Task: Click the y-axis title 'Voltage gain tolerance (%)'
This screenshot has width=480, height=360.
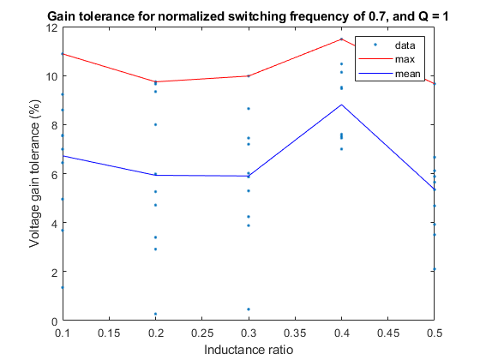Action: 35,174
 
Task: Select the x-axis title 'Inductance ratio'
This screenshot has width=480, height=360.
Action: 248,350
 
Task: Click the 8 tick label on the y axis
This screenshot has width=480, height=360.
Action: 53,125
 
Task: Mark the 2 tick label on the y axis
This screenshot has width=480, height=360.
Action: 53,273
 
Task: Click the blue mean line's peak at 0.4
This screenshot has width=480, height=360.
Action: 342,105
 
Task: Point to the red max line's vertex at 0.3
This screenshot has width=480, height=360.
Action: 249,75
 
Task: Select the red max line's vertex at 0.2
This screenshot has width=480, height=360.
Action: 155,81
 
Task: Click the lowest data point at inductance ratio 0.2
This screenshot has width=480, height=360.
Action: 155,314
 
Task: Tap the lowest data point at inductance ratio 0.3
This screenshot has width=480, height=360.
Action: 249,309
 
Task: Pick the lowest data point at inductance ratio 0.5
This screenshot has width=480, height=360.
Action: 435,269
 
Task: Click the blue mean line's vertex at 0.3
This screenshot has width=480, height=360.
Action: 249,176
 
